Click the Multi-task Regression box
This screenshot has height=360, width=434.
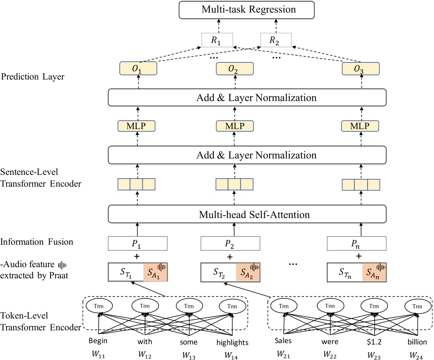click(247, 10)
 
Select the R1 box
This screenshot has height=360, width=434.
click(216, 40)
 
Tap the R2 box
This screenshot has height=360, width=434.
click(274, 40)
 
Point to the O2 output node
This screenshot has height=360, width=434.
click(235, 69)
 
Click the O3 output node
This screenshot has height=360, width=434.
click(360, 69)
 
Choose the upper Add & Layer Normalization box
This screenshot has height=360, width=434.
click(247, 98)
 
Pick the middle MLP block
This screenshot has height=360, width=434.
click(235, 126)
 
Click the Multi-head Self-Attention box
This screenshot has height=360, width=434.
click(247, 214)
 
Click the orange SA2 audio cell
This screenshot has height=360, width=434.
click(248, 273)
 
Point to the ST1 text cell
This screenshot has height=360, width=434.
click(126, 273)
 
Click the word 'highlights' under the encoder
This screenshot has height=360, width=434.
click(232, 343)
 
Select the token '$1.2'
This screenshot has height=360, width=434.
click(374, 341)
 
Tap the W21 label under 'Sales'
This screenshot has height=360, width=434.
click(283, 354)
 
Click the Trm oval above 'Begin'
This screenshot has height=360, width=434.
click(100, 306)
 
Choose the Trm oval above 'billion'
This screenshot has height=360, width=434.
click(417, 306)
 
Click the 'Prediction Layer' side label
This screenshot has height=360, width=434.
click(33, 77)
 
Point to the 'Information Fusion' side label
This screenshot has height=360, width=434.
click(37, 242)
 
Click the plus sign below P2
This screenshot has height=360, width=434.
click(230, 257)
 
